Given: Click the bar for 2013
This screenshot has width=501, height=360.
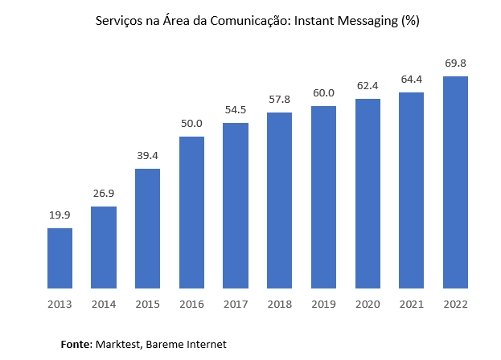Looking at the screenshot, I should pos(60,258).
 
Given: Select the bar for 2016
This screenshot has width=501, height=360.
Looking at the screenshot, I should pos(191,212).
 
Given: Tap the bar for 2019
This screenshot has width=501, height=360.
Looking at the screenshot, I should pos(323,197).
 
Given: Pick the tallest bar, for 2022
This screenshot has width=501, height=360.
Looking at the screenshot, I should pos(455,182).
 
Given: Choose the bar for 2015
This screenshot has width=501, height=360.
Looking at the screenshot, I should pos(147,228).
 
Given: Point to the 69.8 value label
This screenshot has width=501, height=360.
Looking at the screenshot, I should pos(455,63).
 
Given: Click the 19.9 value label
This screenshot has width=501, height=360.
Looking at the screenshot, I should pos(60,215).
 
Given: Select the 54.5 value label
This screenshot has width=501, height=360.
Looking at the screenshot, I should pos(236,109).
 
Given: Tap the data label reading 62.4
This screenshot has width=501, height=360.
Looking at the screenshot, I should pos(368,85).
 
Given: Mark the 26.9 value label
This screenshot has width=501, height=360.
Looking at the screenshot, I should pos(104,193).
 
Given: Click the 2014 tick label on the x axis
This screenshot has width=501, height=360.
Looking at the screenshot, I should pos(104,305).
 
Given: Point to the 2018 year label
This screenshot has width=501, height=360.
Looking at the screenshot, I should pos(280,305).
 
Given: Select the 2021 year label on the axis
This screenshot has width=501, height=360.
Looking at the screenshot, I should pos(411,305).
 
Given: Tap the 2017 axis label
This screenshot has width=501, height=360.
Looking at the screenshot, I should pos(236,305).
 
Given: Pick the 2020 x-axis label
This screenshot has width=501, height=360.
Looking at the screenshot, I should pos(368,305).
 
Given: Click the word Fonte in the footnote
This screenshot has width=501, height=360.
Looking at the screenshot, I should pos(76,344).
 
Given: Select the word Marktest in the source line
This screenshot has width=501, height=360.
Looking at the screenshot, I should pos(118,344).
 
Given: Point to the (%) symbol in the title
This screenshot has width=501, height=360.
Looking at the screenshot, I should pos(410,22).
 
